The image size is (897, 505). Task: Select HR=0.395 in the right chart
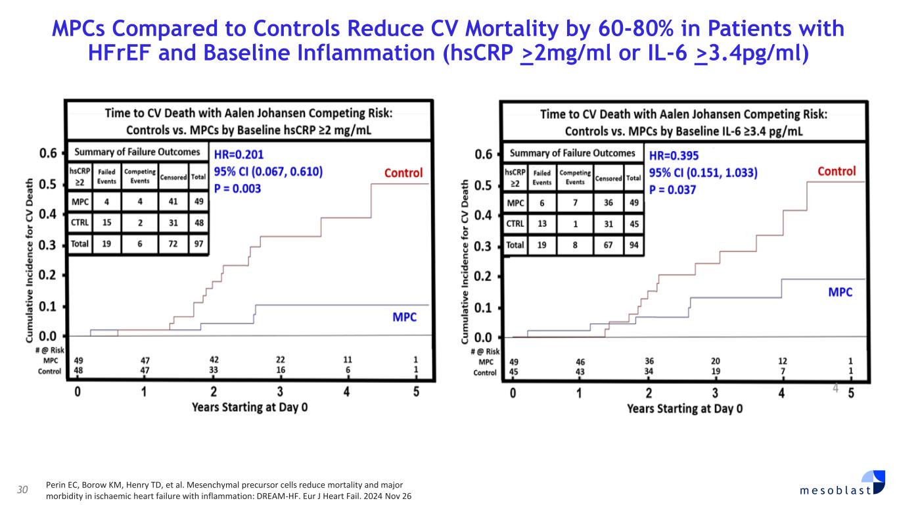click(674, 156)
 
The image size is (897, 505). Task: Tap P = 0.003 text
click(238, 189)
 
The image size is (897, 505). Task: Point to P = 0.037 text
click(673, 189)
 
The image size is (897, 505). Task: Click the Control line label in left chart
click(403, 174)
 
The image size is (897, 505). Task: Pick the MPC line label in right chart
click(839, 292)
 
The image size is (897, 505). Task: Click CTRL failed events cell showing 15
click(106, 223)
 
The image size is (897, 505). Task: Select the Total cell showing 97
click(198, 245)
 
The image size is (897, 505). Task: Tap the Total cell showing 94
click(633, 245)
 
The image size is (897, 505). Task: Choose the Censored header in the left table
click(173, 176)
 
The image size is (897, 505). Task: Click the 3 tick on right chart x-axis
click(716, 393)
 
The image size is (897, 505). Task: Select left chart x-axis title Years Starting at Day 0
click(250, 408)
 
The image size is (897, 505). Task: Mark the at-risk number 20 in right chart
click(716, 362)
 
